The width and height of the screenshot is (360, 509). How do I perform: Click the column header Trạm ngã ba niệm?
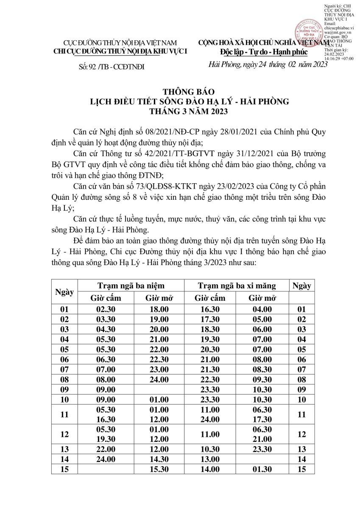pos(131,285)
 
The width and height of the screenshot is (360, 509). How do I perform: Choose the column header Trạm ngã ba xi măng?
pos(237,285)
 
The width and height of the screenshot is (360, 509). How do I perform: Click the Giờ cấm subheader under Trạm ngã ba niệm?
pos(106,298)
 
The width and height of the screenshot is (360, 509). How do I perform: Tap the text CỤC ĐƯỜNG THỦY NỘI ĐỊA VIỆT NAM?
pos(120,43)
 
